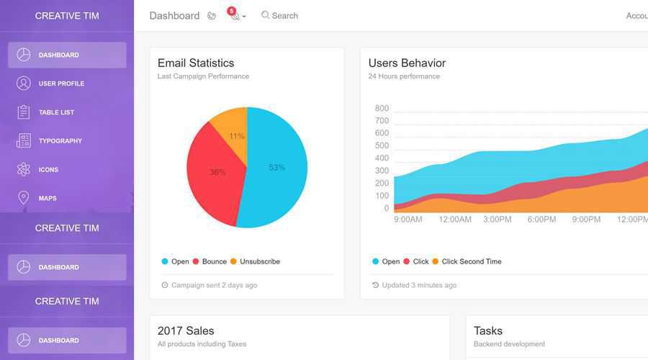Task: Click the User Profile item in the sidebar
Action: coord(61,84)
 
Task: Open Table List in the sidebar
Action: coord(56,112)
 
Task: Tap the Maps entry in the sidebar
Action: coord(47,198)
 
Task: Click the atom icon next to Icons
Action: coord(24,169)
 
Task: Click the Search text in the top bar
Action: coord(284,16)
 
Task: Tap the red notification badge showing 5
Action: coord(231,11)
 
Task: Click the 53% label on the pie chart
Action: coord(277,167)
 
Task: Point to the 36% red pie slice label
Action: coord(217,172)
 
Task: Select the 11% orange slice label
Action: coord(237,136)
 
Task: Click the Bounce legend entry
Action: coord(214,261)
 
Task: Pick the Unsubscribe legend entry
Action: coord(259,261)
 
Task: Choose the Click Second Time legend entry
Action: coord(471,261)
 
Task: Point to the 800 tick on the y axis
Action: coord(382,108)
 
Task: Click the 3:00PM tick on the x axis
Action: coord(498,220)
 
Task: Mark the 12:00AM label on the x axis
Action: coord(455,220)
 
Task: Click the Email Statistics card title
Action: coord(196,63)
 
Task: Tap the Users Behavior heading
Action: coord(407,63)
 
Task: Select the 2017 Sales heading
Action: coord(186,330)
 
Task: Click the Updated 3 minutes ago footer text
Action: coord(419,285)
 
